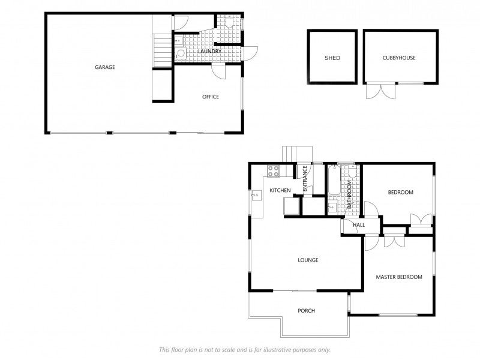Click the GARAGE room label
104,67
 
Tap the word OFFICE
210,97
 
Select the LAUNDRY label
209,52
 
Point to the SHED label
332,58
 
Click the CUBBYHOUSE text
399,58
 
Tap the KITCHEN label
280,191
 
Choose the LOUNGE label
308,260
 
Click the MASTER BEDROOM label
398,277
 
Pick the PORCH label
306,311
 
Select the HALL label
359,225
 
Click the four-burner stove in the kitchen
273,170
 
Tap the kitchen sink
256,194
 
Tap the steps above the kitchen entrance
298,154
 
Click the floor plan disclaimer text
244,349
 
